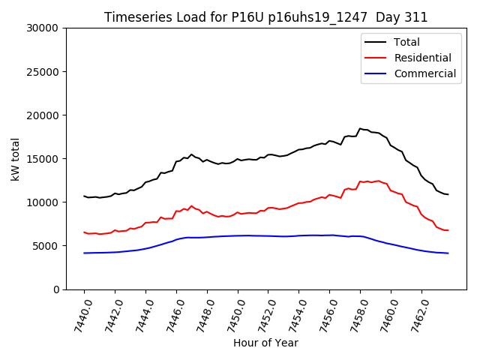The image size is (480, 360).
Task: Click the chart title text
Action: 265,17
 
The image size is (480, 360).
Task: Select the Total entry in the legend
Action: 406,42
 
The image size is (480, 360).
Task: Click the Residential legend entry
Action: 422,58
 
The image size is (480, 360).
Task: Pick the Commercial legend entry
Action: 424,73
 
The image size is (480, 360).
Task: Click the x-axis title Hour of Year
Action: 265,343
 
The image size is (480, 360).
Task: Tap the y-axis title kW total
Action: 15,159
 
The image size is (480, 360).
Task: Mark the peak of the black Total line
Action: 360,129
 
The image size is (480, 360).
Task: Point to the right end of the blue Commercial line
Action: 448,253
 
